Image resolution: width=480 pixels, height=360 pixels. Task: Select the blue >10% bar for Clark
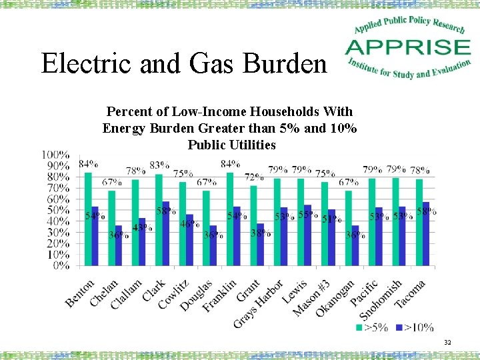tap(166, 233)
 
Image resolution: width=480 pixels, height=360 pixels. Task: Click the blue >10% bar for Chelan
tap(119, 245)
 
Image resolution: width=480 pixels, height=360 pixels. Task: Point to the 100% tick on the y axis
tap(56, 155)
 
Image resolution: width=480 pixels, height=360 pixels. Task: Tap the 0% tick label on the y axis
tap(61, 265)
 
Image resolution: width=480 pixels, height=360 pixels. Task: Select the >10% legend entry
tap(415, 327)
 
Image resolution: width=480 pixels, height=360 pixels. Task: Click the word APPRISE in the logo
tap(407, 47)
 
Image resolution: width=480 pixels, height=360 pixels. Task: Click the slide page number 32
tap(447, 343)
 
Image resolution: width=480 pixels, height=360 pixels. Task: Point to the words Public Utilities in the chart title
tap(231, 145)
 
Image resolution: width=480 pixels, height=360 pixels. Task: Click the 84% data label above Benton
tap(88, 164)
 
